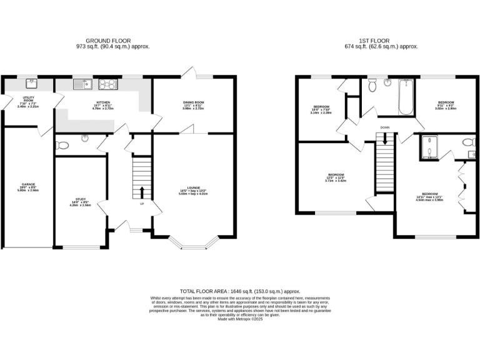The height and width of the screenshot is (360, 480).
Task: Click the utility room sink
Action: [x=31, y=83]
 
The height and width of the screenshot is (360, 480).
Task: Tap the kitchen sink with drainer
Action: [x=81, y=83]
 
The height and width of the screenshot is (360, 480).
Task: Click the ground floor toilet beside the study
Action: [x=62, y=145]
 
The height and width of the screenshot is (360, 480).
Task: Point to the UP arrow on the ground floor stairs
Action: [x=142, y=191]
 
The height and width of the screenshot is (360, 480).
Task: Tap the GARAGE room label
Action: [x=28, y=186]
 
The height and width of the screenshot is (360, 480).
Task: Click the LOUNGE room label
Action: [x=192, y=190]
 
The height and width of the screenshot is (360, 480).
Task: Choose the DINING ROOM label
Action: [x=194, y=104]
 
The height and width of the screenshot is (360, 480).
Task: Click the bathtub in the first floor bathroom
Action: [x=406, y=97]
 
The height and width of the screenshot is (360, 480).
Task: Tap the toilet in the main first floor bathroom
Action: [x=373, y=86]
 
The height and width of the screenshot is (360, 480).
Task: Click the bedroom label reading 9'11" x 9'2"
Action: [x=446, y=105]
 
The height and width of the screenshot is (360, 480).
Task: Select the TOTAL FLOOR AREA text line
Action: [x=240, y=292]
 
